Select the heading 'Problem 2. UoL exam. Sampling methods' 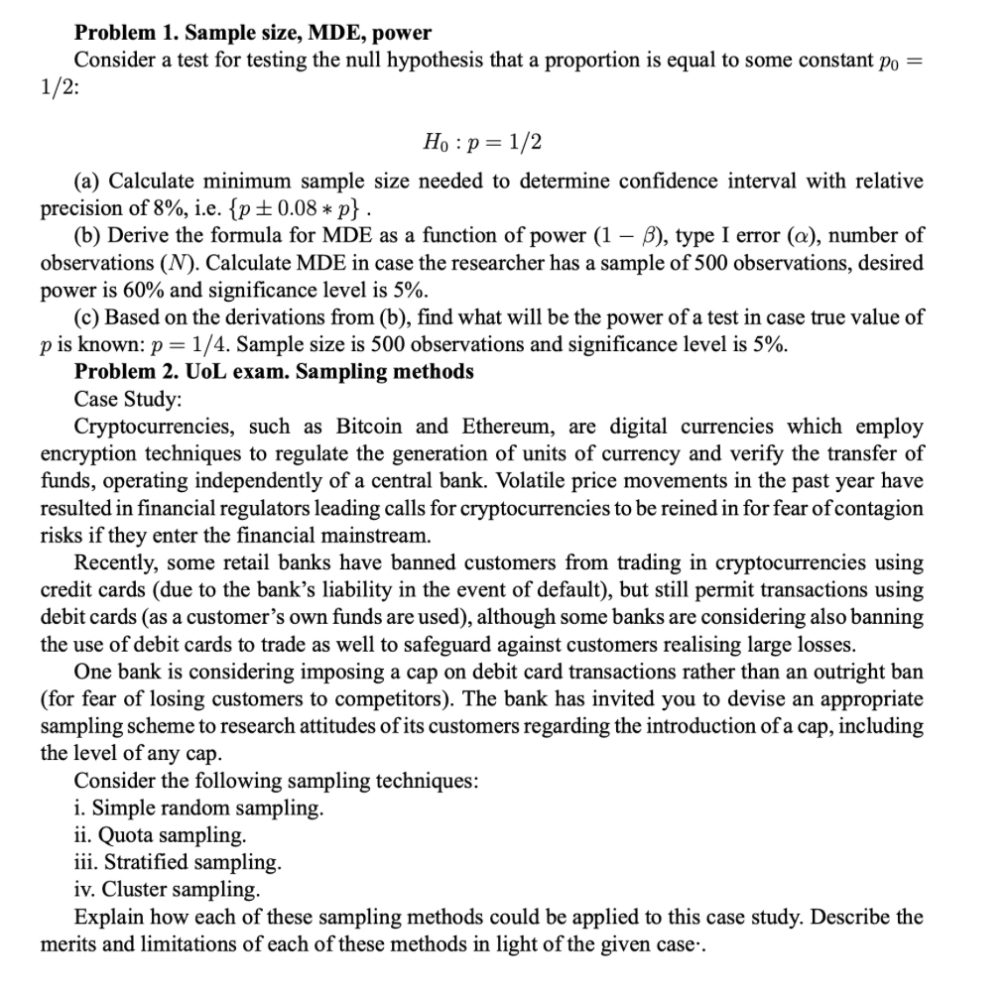[x=274, y=372]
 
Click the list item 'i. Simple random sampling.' [x=198, y=808]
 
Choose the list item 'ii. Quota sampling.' [x=160, y=834]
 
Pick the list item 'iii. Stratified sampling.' [x=178, y=861]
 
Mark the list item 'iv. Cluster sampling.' [x=168, y=888]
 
